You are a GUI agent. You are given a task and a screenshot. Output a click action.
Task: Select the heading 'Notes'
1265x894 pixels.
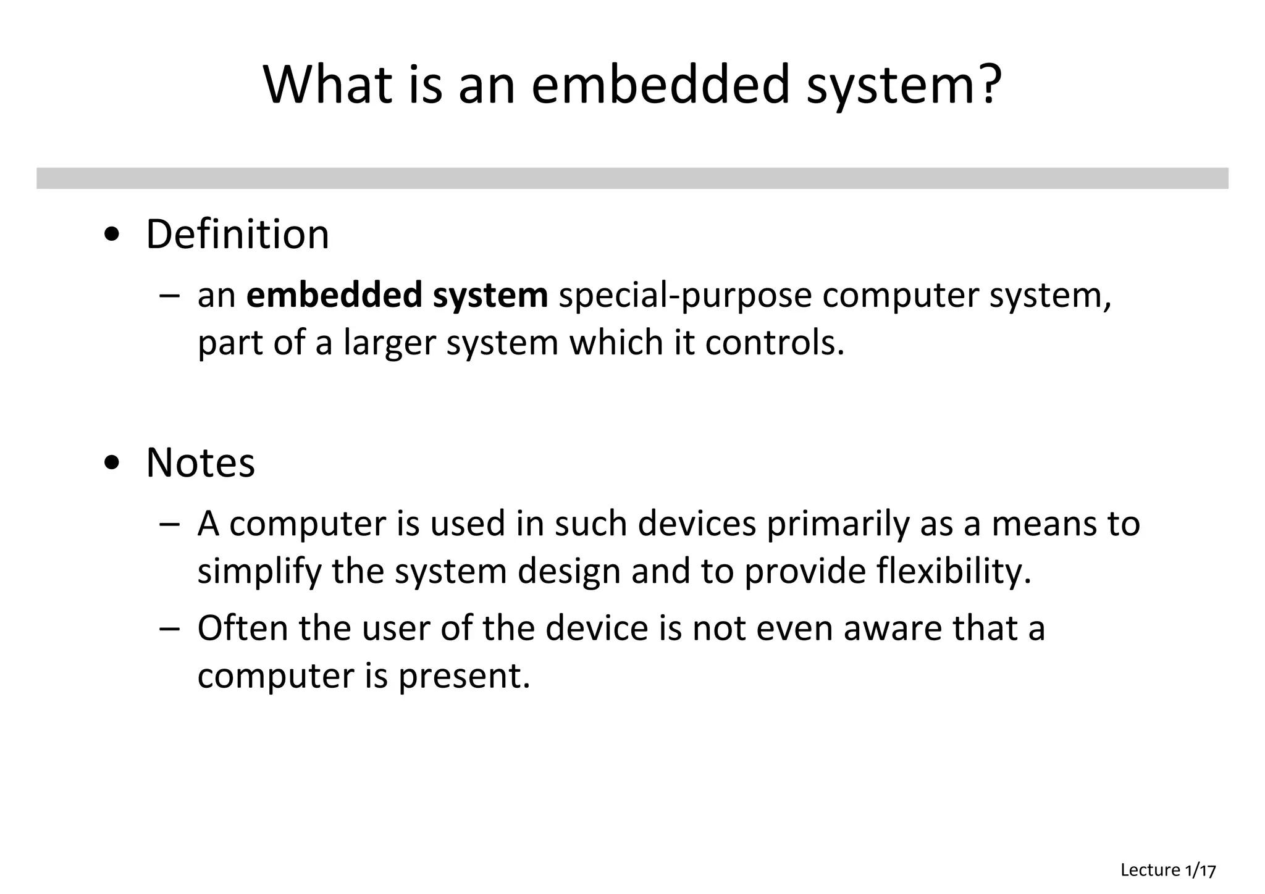click(200, 462)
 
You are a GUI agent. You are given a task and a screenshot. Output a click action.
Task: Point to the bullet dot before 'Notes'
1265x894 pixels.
click(112, 463)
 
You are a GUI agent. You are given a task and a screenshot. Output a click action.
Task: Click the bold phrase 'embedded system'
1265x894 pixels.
click(397, 295)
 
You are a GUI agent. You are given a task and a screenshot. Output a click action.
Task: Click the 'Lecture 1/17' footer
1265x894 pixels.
click(1168, 871)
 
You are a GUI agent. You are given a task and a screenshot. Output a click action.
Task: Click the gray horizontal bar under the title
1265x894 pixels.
click(632, 178)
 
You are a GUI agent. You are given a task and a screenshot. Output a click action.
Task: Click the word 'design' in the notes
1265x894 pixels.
click(569, 572)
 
